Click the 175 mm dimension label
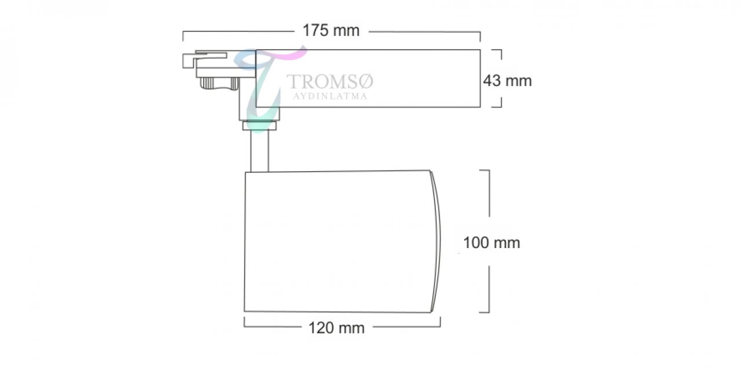tap(331, 31)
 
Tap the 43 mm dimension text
tap(507, 81)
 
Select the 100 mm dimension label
tap(491, 243)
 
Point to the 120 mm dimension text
tap(336, 328)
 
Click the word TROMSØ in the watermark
tap(329, 82)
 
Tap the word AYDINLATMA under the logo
tap(330, 97)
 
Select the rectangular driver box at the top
tap(368, 78)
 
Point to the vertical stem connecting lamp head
tap(259, 151)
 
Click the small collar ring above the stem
tap(259, 125)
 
